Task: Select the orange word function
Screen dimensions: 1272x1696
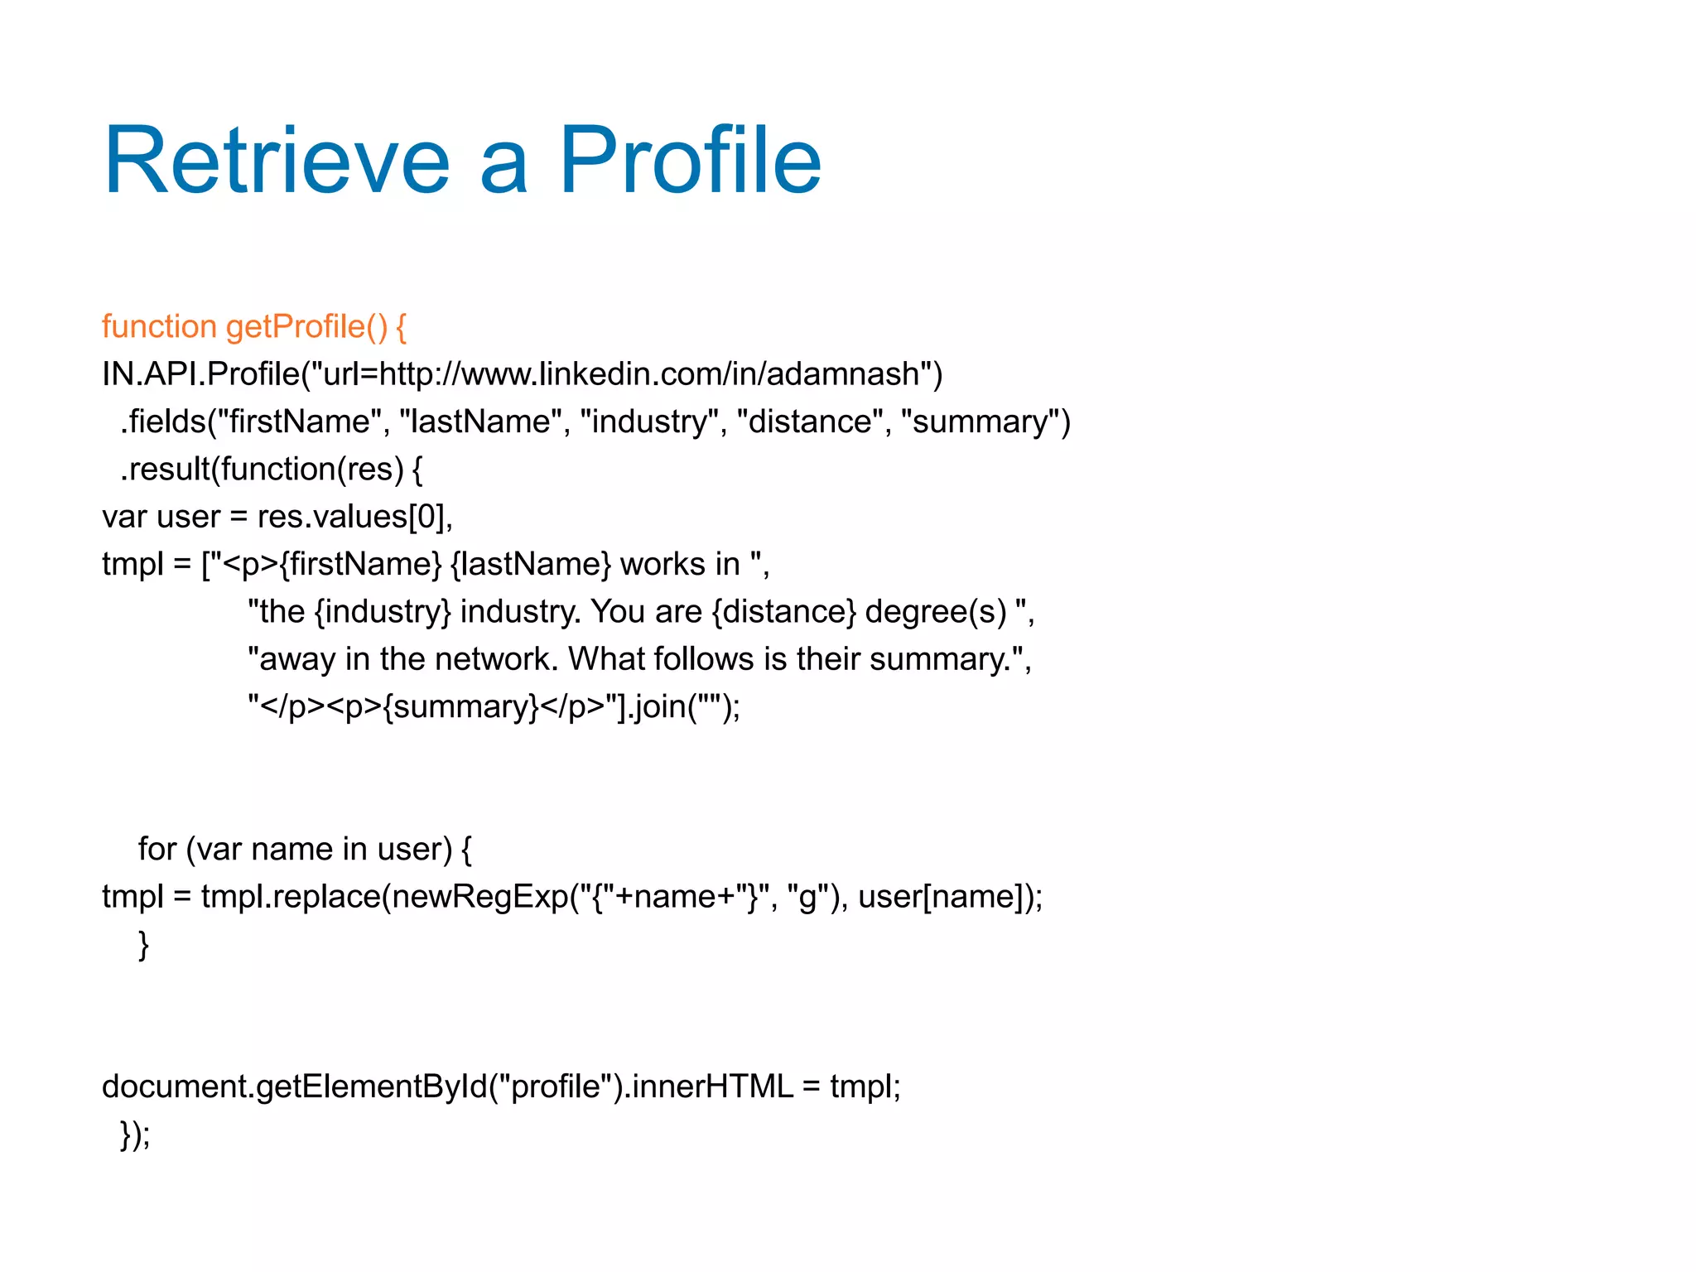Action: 159,327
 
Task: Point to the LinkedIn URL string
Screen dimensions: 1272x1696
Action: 621,374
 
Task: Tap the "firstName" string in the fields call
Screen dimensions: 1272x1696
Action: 299,422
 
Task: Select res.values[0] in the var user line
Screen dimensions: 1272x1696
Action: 354,517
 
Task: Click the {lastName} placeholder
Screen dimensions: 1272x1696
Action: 530,565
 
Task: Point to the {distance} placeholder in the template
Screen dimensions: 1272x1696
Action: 783,612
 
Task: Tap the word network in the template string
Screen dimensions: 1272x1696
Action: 496,659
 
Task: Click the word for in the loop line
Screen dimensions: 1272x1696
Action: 157,850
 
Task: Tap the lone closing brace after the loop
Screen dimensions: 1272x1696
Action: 143,944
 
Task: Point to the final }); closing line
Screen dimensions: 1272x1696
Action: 135,1135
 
